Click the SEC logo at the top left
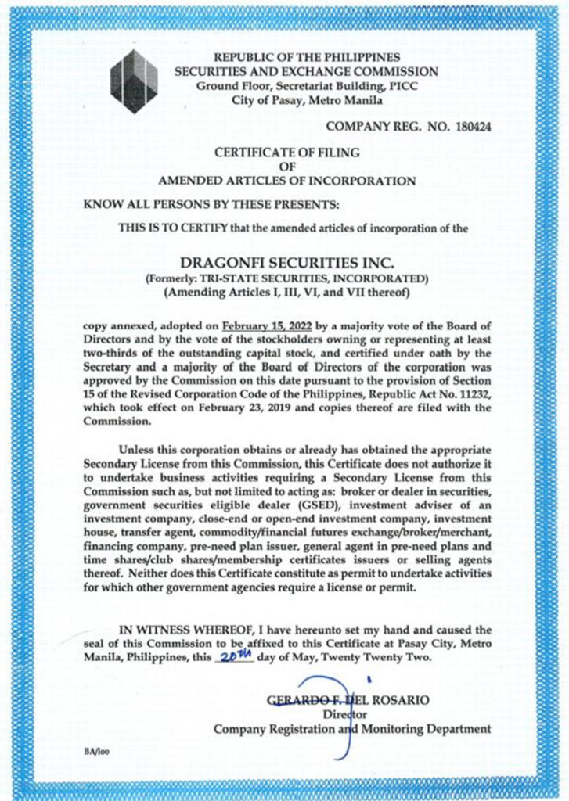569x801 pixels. (x=135, y=81)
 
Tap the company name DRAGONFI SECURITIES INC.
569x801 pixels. (x=286, y=260)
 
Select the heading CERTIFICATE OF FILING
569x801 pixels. (x=285, y=153)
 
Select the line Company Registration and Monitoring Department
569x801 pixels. (x=353, y=729)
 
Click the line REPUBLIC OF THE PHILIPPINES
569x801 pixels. (x=307, y=58)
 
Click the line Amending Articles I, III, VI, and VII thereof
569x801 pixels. (x=285, y=293)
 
